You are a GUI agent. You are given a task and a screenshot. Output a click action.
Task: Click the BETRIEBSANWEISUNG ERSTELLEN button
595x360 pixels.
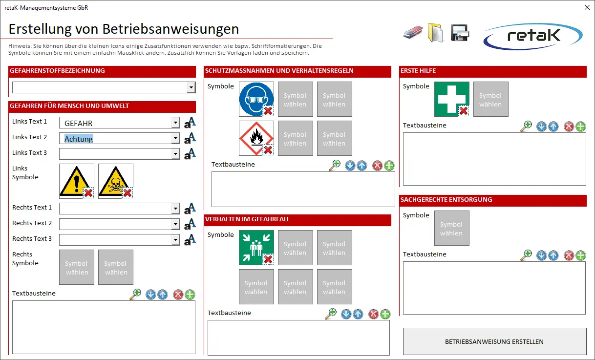pyautogui.click(x=494, y=341)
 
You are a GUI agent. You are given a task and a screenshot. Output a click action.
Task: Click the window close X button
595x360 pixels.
pyautogui.click(x=587, y=7)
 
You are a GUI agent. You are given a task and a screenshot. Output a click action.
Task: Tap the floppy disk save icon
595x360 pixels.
pyautogui.click(x=460, y=33)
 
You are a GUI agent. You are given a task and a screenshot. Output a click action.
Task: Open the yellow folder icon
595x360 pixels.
pyautogui.click(x=435, y=32)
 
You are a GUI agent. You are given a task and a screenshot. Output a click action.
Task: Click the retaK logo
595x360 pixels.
pyautogui.click(x=533, y=36)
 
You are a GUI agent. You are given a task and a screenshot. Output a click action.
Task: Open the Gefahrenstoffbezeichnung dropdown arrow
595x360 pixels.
pyautogui.click(x=191, y=87)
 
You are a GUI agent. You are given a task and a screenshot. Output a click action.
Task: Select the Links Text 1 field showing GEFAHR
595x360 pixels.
pyautogui.click(x=117, y=124)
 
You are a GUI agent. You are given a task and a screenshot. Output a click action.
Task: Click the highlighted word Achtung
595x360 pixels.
pyautogui.click(x=79, y=139)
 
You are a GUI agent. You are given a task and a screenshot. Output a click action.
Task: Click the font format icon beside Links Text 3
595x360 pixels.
pyautogui.click(x=190, y=153)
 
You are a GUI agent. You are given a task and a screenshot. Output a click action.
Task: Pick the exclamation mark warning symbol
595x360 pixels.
pyautogui.click(x=74, y=179)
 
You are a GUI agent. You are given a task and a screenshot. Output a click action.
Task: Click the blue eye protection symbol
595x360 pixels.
pyautogui.click(x=255, y=97)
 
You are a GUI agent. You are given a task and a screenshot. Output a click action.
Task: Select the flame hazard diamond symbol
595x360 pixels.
pyautogui.click(x=255, y=137)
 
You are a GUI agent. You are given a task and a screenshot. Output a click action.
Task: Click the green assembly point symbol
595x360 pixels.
pyautogui.click(x=255, y=246)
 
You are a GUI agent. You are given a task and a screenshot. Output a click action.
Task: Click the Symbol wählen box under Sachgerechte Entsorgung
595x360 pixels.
pyautogui.click(x=451, y=228)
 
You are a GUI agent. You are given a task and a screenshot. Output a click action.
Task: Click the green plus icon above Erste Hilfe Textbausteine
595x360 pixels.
pyautogui.click(x=580, y=127)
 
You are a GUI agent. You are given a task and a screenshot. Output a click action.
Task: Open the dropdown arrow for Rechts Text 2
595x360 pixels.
pyautogui.click(x=176, y=224)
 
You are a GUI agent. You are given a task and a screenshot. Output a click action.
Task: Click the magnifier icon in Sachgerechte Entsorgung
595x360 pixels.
pyautogui.click(x=526, y=255)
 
